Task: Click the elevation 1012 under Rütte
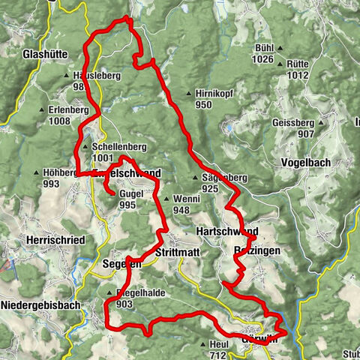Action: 297,75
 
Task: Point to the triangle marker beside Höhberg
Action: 36,173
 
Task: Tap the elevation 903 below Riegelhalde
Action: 124,304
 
